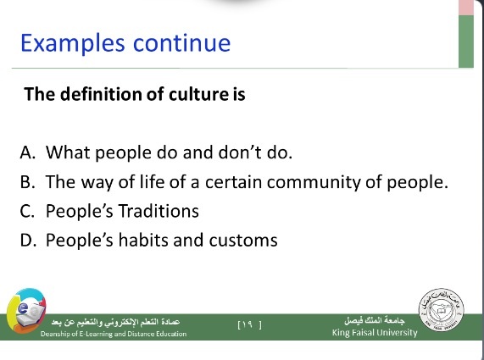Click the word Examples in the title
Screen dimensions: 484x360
pyautogui.click(x=73, y=44)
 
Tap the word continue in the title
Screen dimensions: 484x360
pyautogui.click(x=181, y=43)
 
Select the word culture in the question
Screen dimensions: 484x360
pyautogui.click(x=197, y=94)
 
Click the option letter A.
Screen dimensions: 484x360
pyautogui.click(x=27, y=152)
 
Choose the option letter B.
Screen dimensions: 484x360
pyautogui.click(x=27, y=182)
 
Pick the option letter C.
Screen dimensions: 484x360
pyautogui.click(x=27, y=211)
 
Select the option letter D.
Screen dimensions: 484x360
pyautogui.click(x=28, y=241)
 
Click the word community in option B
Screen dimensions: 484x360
pyautogui.click(x=314, y=183)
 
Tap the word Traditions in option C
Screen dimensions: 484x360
pyautogui.click(x=159, y=211)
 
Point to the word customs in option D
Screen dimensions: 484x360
pyautogui.click(x=243, y=241)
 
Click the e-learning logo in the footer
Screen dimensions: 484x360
pyautogui.click(x=26, y=311)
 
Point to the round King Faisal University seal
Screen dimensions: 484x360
pyautogui.click(x=442, y=310)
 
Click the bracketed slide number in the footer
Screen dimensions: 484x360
pyautogui.click(x=250, y=324)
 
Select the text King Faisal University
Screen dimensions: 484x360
pyautogui.click(x=375, y=333)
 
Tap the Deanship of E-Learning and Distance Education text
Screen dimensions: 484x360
pyautogui.click(x=114, y=334)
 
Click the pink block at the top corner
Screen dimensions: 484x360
pyautogui.click(x=466, y=8)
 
